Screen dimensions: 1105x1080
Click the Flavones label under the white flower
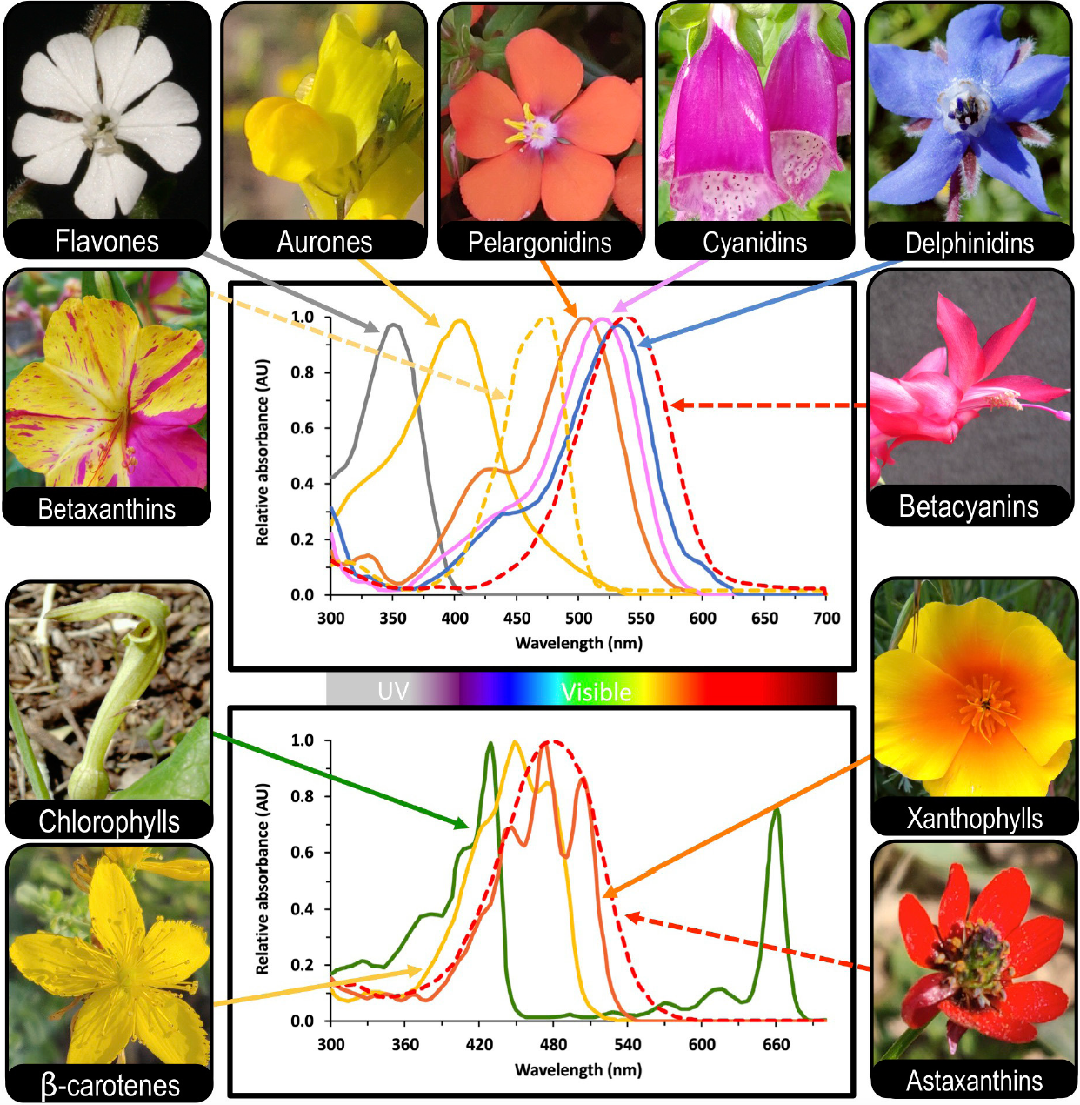click(107, 241)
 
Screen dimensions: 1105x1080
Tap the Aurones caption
click(324, 242)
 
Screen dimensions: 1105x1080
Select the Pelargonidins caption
click(539, 243)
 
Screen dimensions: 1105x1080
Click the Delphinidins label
click(969, 244)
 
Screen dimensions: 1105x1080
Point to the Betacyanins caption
click(969, 506)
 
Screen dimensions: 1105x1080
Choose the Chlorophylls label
click(109, 821)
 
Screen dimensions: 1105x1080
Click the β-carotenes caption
click(110, 1085)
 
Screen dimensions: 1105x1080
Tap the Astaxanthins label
click(974, 1081)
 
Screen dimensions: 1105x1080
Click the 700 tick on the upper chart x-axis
click(826, 618)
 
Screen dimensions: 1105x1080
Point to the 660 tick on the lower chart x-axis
click(776, 1044)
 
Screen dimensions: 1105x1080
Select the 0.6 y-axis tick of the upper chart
click(303, 428)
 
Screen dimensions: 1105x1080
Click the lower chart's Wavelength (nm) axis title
click(578, 1069)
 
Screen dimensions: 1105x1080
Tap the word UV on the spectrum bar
click(393, 691)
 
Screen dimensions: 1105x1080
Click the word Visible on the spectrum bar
click(596, 692)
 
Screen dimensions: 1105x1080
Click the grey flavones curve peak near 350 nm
click(393, 325)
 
